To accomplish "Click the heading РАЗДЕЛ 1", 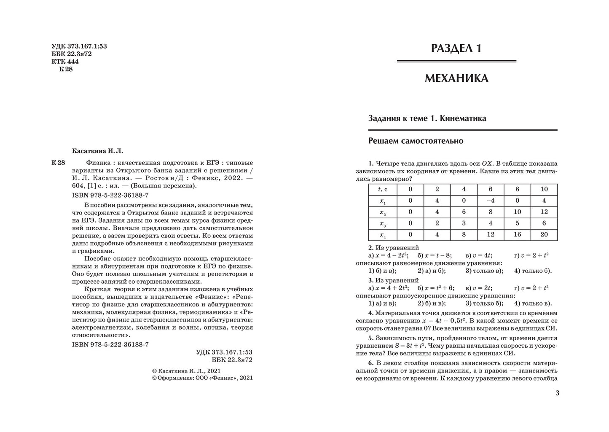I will [456, 48].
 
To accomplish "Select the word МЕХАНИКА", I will [456, 78].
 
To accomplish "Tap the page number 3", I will [558, 393].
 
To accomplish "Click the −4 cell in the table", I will [491, 201].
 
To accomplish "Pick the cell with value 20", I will [544, 235].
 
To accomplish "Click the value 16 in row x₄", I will [517, 235].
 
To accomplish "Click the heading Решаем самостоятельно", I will [416, 141].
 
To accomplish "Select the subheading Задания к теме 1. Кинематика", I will [427, 118].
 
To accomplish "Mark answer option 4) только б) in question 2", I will [533, 271].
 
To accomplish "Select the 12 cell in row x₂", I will [544, 212].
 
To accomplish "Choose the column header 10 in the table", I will [544, 189].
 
